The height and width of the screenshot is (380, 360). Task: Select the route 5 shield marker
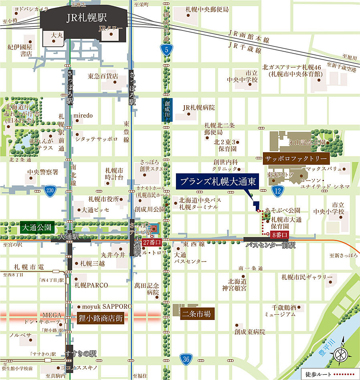click(x=166, y=50)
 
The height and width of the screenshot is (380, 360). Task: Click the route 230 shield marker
click(x=50, y=191)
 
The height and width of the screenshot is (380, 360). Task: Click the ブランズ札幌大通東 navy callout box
click(x=217, y=181)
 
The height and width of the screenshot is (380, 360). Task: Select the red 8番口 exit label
click(x=279, y=235)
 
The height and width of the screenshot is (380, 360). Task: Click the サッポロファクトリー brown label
click(x=296, y=159)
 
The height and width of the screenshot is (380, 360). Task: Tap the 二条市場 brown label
click(x=196, y=314)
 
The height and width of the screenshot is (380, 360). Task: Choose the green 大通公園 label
click(x=36, y=228)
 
